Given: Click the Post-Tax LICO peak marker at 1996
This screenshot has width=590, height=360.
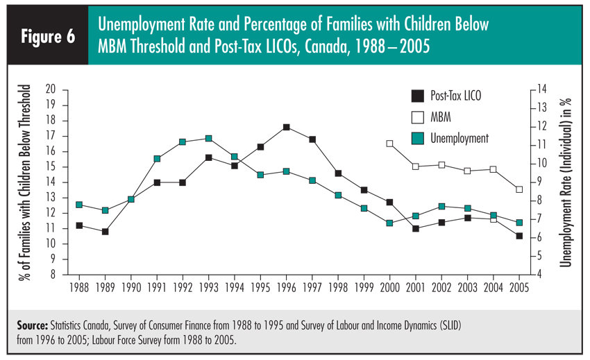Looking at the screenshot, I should [x=286, y=128].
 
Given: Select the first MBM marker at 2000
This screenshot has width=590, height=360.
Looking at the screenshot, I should [x=390, y=144].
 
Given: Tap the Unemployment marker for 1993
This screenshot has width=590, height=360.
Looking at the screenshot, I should [x=208, y=139].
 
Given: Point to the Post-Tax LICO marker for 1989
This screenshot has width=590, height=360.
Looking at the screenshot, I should [x=105, y=232].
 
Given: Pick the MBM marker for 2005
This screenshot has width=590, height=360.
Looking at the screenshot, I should [x=519, y=189].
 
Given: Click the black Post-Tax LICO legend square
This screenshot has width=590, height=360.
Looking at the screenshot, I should [x=416, y=96].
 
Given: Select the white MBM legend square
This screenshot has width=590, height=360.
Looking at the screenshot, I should [x=416, y=117].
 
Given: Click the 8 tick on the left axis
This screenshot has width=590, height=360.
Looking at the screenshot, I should [x=52, y=275].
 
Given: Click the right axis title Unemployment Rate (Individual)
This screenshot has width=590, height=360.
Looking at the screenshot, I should [x=566, y=182].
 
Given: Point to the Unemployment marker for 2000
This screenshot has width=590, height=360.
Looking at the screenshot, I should [x=390, y=223].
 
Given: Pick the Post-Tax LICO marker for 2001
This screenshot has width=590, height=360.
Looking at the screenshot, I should [x=416, y=228].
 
